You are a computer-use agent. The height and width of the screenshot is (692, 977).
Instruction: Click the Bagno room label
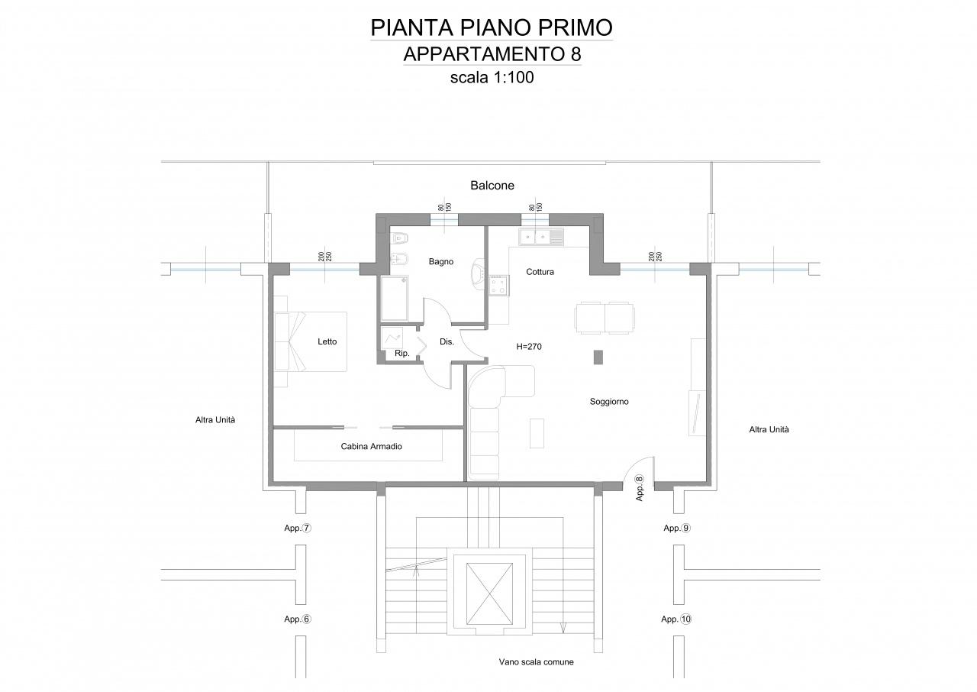coord(441,262)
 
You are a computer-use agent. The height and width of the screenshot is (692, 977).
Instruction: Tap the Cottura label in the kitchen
coord(540,272)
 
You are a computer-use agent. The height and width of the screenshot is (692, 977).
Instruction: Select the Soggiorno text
coord(609,402)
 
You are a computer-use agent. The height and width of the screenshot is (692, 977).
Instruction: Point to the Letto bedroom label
coord(327,341)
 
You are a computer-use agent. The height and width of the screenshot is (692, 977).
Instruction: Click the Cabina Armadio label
coord(371,446)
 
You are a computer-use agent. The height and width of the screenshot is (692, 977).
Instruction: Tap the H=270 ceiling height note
coord(529,347)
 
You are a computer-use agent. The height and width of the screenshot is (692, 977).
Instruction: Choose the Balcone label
coord(492,186)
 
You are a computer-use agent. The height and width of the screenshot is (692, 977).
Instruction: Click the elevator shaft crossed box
coord(489,593)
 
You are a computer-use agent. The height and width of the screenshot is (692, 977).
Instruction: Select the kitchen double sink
coord(541,238)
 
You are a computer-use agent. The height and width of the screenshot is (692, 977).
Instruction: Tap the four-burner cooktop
coord(498,286)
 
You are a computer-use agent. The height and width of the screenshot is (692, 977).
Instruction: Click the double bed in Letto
coord(310,341)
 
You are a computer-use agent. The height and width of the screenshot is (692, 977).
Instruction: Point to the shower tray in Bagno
coord(395,299)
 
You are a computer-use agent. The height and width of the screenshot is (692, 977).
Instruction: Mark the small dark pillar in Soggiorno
coord(598,357)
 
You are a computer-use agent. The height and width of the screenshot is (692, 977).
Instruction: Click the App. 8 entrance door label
coord(640,488)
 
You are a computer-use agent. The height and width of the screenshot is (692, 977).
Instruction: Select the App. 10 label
coord(676,619)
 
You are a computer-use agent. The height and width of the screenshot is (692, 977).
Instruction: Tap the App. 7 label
coord(298,528)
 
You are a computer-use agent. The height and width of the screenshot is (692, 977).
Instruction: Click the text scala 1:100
coord(492,78)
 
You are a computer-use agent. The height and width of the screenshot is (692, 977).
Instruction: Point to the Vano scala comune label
coord(536,662)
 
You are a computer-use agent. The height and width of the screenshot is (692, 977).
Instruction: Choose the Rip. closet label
coord(401,354)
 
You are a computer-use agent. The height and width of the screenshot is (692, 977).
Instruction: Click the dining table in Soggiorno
coord(605,318)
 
